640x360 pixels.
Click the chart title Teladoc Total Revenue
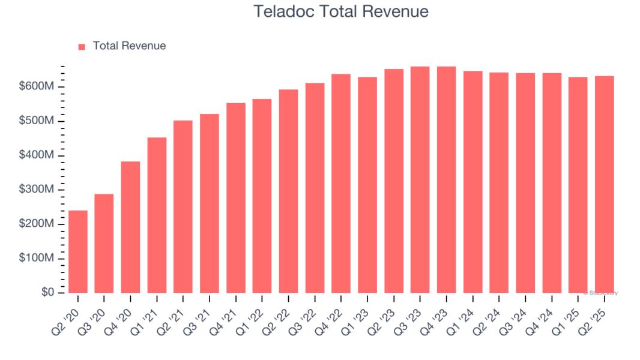[341, 11]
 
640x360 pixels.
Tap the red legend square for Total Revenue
[82, 46]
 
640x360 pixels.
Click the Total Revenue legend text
[129, 46]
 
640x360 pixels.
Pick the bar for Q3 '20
[104, 243]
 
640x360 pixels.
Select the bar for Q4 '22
[341, 183]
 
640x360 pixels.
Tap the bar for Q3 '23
[420, 179]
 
